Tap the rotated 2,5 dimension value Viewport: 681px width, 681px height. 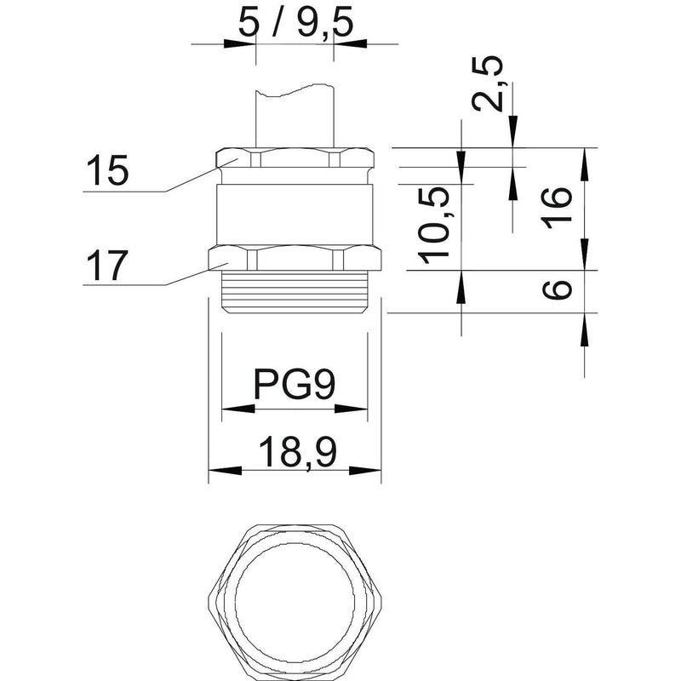(x=488, y=83)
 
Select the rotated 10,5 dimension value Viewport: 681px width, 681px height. (x=434, y=226)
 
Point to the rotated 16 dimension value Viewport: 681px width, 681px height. (x=558, y=209)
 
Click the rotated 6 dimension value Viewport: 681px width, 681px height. (x=558, y=289)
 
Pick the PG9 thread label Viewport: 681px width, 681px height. (x=295, y=385)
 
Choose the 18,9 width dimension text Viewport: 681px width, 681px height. (x=298, y=452)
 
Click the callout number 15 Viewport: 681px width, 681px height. (x=108, y=170)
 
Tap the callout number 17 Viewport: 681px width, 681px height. (x=107, y=266)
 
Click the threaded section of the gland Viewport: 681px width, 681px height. (x=295, y=291)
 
